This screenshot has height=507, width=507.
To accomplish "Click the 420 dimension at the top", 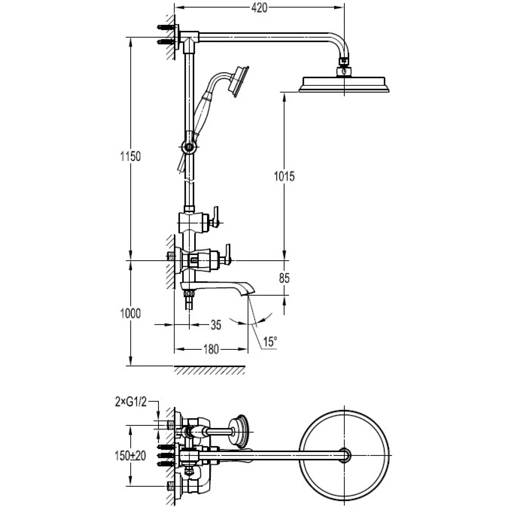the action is point(259,8).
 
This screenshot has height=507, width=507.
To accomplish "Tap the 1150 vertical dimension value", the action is point(131,156).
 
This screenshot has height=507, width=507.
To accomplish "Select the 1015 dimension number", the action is point(284,176).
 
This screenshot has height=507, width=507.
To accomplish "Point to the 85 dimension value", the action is point(284,278).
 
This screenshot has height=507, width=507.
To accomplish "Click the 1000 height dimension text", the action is point(131,313).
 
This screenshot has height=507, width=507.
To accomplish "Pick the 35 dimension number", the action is point(216,325).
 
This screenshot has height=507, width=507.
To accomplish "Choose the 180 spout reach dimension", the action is point(211,349).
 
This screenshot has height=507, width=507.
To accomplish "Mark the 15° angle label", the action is point(270,342).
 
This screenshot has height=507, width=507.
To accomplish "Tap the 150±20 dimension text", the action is point(130,456).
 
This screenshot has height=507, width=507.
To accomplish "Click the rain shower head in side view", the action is point(344,84).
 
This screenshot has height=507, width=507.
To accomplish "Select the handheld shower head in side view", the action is point(238,82).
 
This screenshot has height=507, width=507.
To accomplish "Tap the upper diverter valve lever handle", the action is point(216,217).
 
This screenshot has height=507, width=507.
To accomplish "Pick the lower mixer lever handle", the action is point(228,254).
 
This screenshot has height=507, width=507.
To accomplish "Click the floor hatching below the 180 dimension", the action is point(210,370).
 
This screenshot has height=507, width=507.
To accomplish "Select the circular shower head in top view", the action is point(344,455).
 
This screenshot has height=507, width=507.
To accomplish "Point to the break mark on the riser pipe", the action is point(189,181).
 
